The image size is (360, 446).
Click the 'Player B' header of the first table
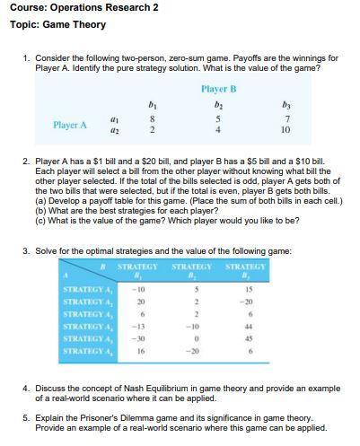click(219, 89)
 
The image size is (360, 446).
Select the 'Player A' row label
click(70, 125)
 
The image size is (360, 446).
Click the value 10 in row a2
click(285, 131)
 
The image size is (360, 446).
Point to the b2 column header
click(220, 105)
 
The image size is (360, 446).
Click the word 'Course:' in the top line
click(26, 7)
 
